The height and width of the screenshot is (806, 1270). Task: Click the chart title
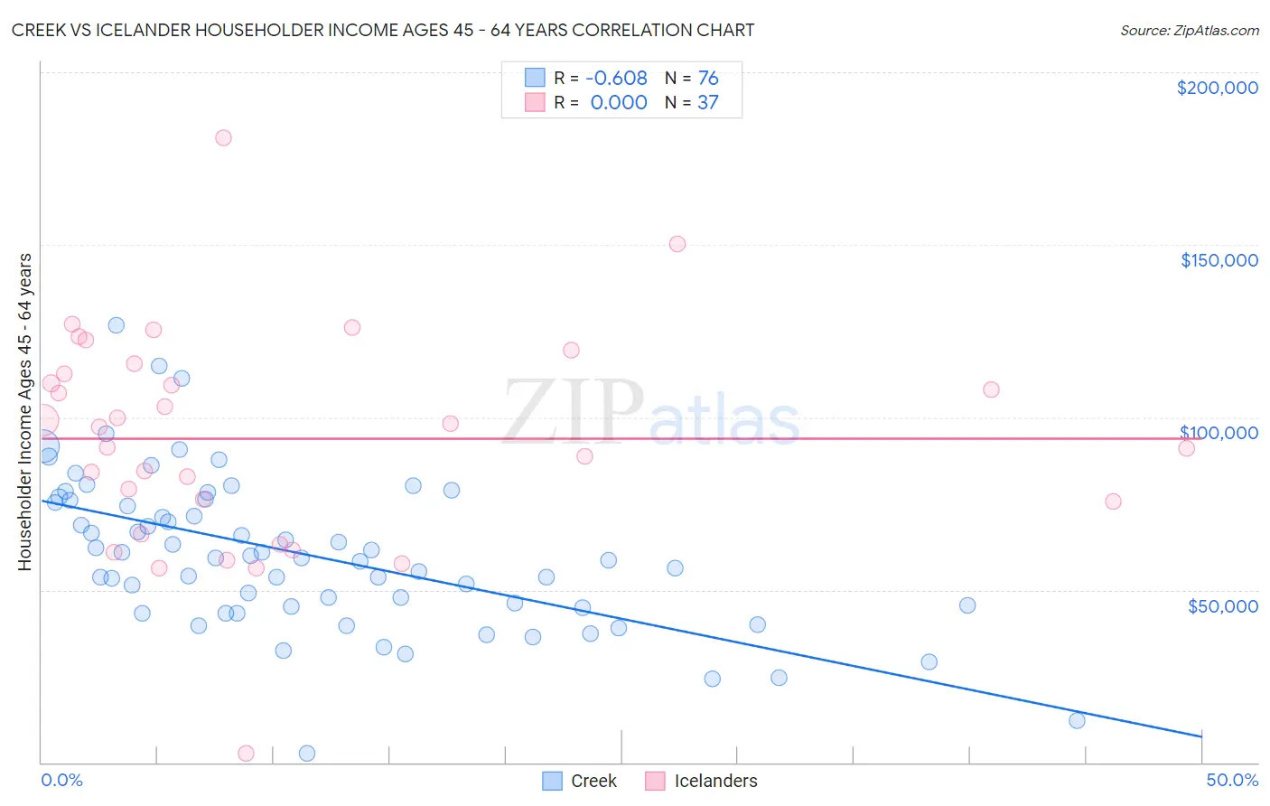pos(383,30)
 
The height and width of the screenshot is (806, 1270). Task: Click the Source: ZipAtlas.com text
pos(1189,31)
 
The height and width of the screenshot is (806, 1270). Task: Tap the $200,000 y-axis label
pos(1217,88)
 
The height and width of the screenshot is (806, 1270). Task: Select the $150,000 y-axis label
pos(1219,260)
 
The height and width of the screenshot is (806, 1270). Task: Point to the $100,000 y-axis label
pos(1219,433)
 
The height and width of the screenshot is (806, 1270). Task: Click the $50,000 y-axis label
pos(1222,605)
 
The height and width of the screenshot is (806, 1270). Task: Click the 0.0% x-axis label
pos(61,780)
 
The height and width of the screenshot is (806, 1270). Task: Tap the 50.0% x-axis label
pos(1232,780)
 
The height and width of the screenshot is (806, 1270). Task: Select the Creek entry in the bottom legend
pos(580,781)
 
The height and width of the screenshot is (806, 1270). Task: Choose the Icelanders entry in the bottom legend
pos(702,781)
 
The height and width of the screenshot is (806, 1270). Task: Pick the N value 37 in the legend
pos(708,103)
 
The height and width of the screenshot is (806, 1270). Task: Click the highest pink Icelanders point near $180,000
pos(223,138)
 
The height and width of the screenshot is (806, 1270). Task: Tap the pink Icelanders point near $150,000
pos(677,244)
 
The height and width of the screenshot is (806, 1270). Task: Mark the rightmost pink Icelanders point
pos(1187,448)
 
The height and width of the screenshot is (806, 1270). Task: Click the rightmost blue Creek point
pos(1077,720)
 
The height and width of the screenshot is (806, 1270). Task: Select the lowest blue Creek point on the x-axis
pos(307,753)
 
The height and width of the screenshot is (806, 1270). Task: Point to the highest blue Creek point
pos(117,325)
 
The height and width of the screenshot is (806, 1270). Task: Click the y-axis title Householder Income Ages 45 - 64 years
pos(24,412)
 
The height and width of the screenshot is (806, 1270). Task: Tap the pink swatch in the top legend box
pos(536,103)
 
